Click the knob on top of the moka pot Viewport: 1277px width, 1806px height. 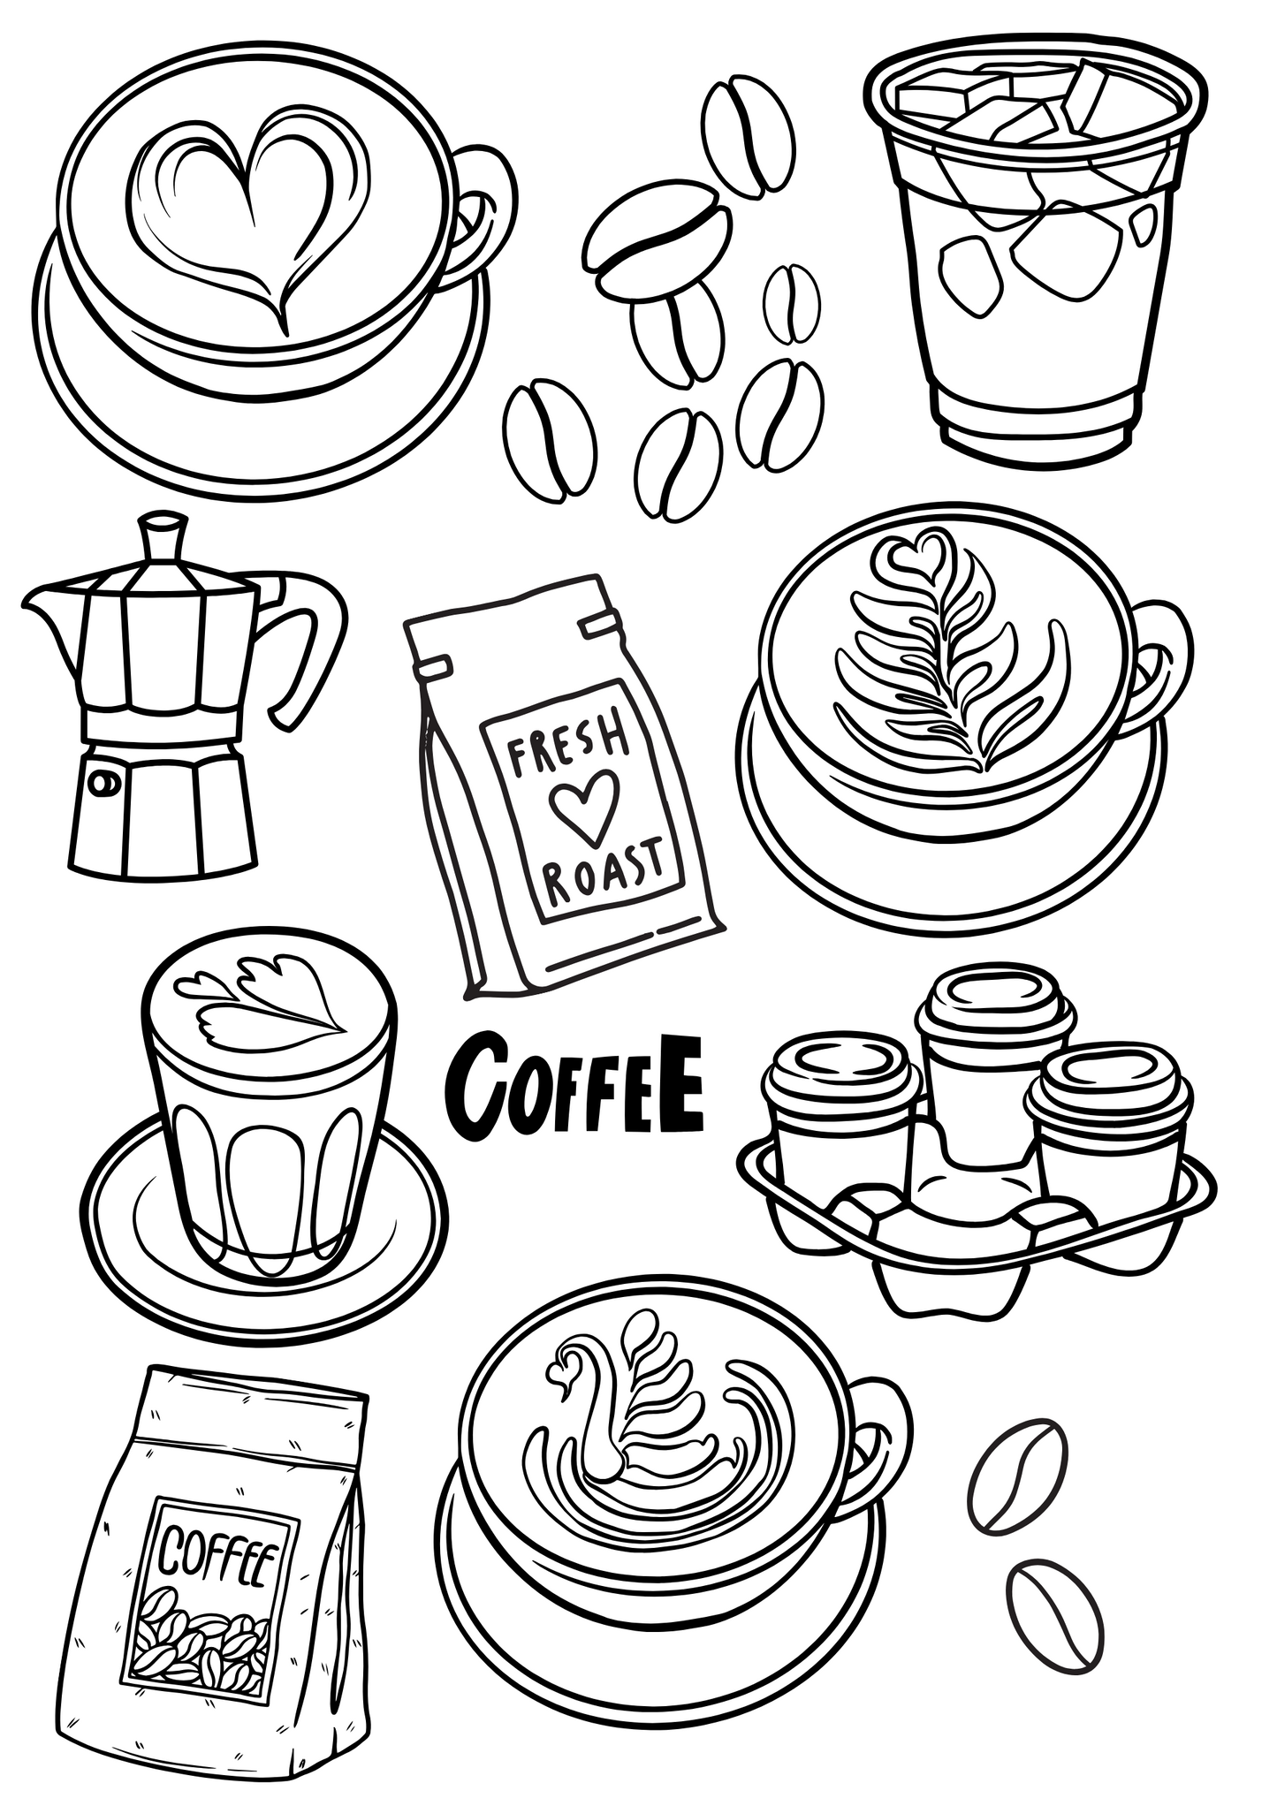click(164, 535)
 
